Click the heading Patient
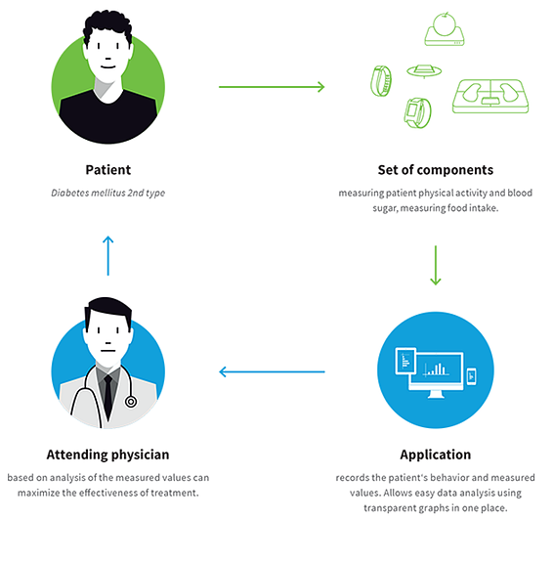click(x=108, y=170)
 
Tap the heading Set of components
click(x=436, y=170)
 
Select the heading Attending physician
click(x=107, y=455)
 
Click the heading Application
click(x=436, y=455)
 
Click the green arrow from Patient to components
click(x=272, y=87)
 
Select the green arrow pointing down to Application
click(x=436, y=265)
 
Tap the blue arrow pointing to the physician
click(x=272, y=372)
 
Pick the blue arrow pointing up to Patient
click(x=108, y=256)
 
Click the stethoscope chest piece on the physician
click(x=131, y=402)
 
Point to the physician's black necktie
click(x=108, y=395)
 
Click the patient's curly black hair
click(x=107, y=27)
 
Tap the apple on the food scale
click(x=445, y=24)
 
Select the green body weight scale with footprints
click(x=490, y=96)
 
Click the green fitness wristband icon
click(x=381, y=81)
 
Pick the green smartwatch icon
click(x=418, y=112)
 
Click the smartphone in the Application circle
click(x=471, y=376)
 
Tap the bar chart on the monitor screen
click(x=436, y=369)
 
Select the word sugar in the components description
click(x=385, y=208)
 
